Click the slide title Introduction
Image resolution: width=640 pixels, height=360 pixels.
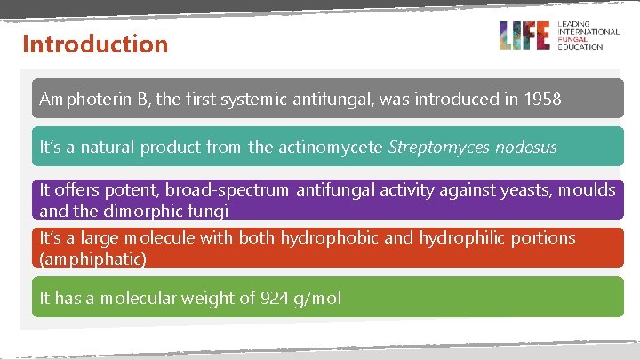coord(95,44)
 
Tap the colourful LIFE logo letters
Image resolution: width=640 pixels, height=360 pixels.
coord(524,36)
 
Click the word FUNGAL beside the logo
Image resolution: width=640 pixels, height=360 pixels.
coord(572,39)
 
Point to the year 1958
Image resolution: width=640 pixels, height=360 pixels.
coord(540,100)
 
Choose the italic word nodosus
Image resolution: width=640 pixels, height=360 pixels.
coord(527,147)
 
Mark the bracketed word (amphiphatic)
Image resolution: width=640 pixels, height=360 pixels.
coord(92,259)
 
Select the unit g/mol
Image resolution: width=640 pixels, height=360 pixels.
coord(316,299)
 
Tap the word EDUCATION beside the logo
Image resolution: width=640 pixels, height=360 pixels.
coord(580,46)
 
